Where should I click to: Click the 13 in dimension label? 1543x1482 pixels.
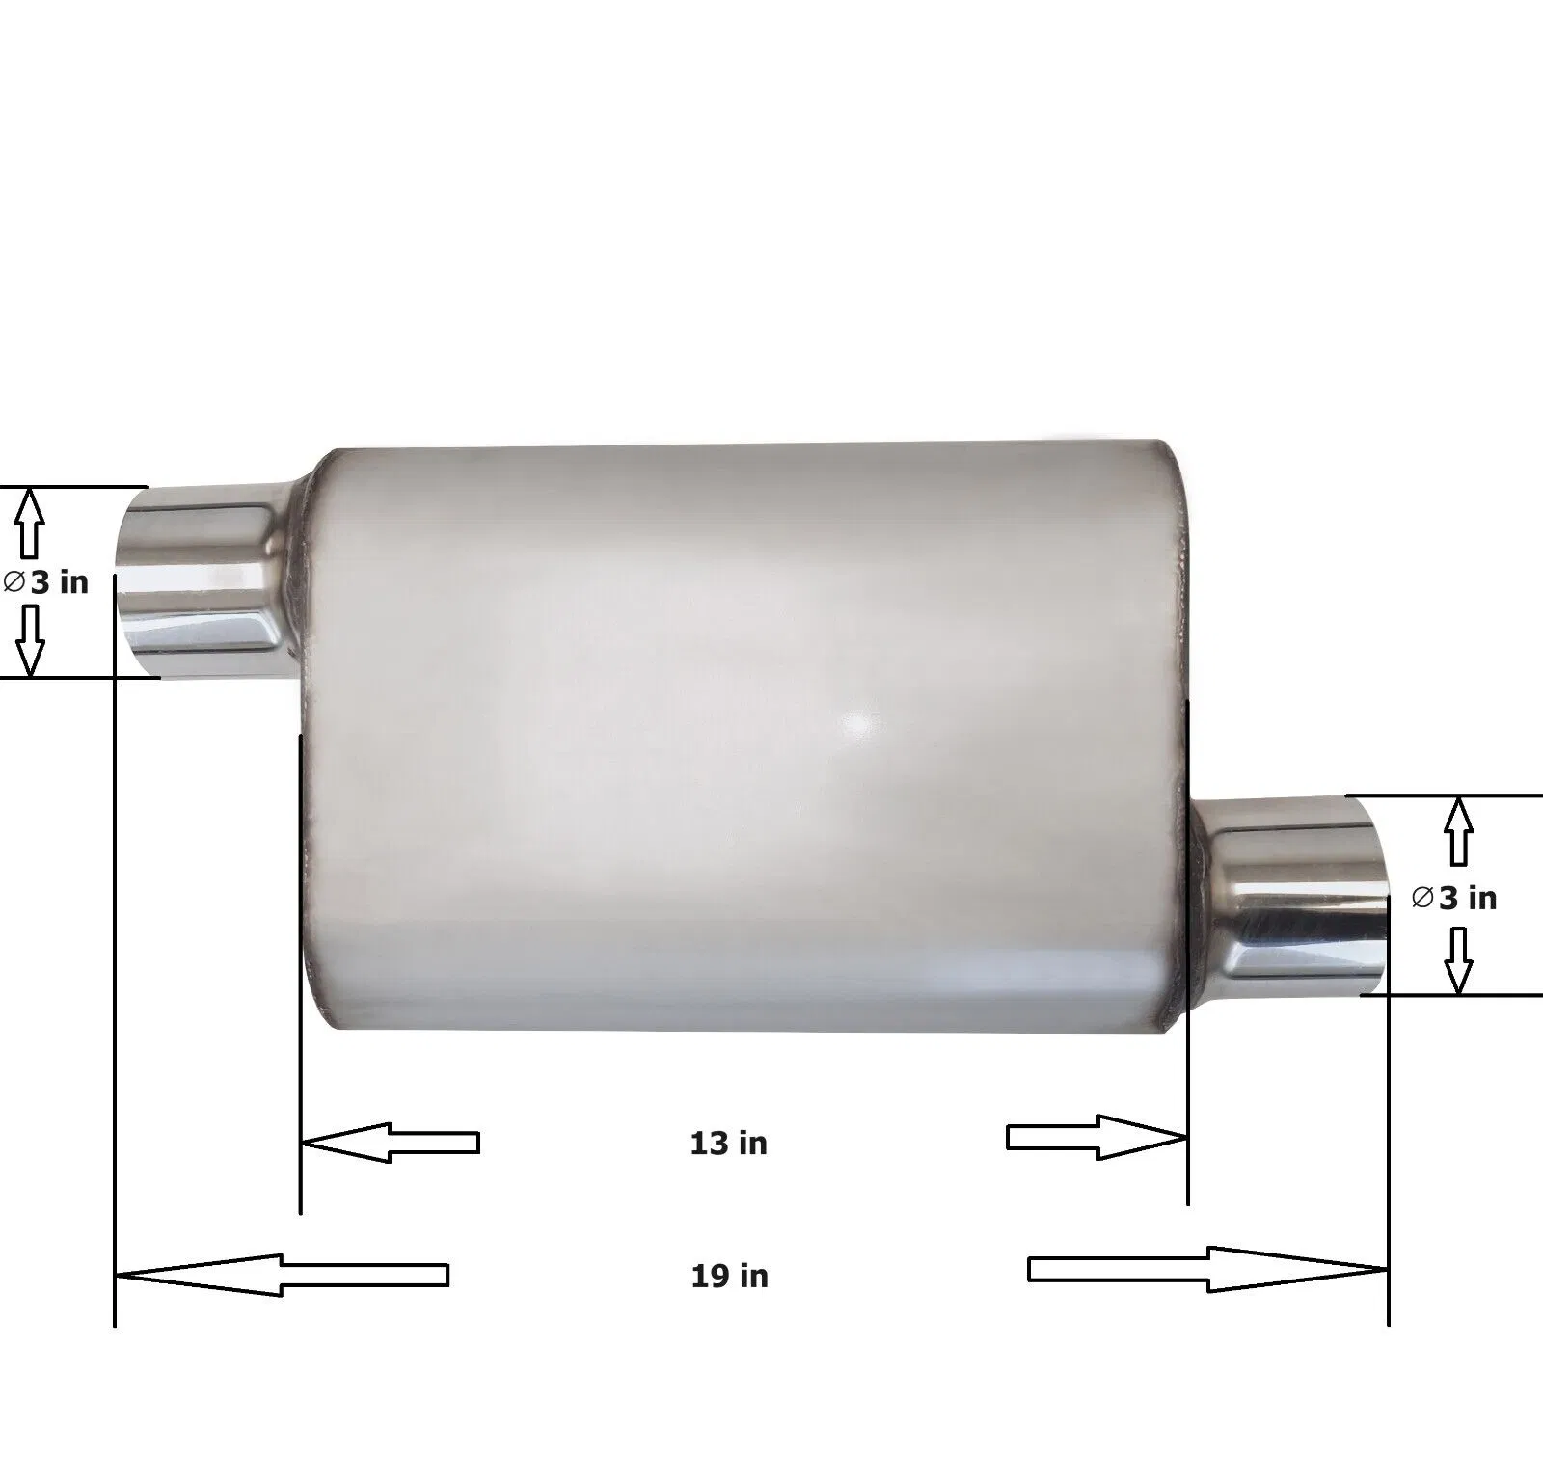[728, 1144]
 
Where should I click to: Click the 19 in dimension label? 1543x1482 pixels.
[729, 1277]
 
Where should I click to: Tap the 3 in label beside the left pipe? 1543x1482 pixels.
[59, 582]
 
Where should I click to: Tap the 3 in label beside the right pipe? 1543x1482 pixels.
[1468, 899]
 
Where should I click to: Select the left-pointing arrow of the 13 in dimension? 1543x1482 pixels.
[391, 1143]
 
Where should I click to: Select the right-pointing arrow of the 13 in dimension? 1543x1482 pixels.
[1096, 1138]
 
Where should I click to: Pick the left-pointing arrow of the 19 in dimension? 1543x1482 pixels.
[282, 1275]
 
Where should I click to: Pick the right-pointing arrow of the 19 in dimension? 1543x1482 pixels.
[1208, 1269]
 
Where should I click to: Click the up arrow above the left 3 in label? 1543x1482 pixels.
[30, 523]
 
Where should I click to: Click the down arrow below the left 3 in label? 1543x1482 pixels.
[31, 640]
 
